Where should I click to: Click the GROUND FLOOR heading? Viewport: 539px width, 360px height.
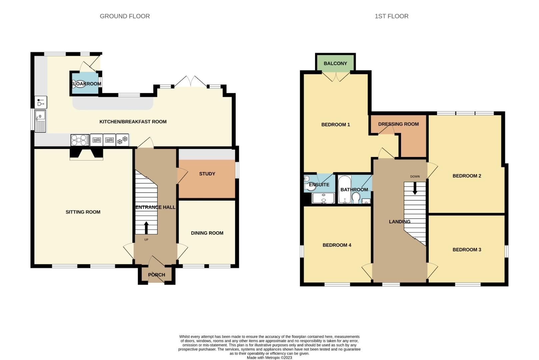click(x=125, y=16)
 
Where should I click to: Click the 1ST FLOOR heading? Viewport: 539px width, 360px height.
click(x=391, y=16)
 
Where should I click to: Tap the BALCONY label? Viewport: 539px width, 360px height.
click(x=335, y=63)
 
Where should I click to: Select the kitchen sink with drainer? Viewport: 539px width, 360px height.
click(x=40, y=121)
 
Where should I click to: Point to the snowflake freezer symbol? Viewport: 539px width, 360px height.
click(x=122, y=140)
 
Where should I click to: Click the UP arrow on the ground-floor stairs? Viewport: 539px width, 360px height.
click(x=146, y=228)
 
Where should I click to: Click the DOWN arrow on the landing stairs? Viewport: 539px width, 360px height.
click(x=415, y=188)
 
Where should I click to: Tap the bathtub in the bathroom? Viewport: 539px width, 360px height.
click(x=343, y=189)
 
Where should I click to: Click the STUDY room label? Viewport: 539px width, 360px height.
click(x=207, y=174)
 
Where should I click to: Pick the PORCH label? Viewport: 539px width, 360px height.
click(x=156, y=275)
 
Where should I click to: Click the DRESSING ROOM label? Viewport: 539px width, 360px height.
click(x=398, y=124)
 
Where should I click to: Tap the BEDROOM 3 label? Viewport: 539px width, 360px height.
click(x=467, y=249)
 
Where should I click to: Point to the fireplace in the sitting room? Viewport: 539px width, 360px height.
click(x=86, y=154)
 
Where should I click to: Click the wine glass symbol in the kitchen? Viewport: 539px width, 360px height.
click(x=41, y=102)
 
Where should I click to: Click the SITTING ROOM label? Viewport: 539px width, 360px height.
click(x=83, y=212)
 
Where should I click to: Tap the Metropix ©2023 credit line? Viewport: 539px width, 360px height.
click(x=269, y=358)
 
